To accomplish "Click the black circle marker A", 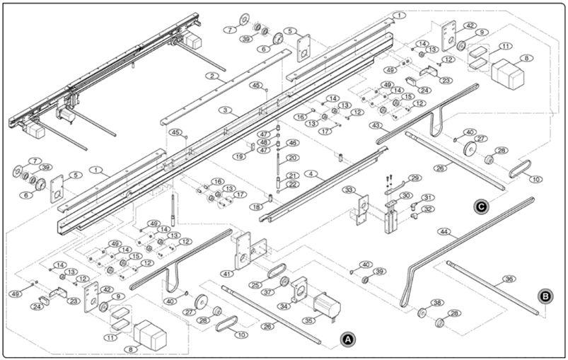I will (x=347, y=339).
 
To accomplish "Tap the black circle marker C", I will (x=481, y=207).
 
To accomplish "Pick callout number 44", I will (x=444, y=231).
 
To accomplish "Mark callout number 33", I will (x=348, y=190).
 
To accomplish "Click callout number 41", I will (x=227, y=273).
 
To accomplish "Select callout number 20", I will (x=293, y=158).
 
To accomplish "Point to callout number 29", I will (x=415, y=178).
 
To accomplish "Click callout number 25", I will (x=255, y=284).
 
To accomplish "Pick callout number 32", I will (x=427, y=209).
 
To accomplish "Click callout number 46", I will (x=293, y=143).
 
